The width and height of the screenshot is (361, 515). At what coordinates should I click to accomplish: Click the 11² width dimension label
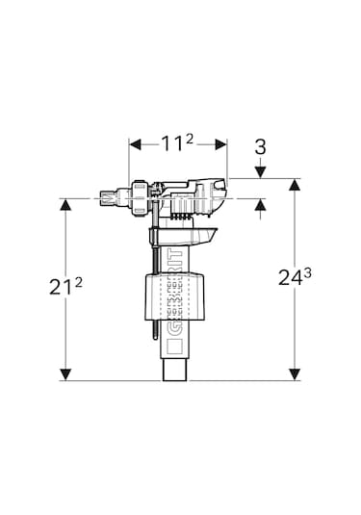[177, 143]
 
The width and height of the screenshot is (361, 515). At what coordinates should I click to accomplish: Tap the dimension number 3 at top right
[260, 147]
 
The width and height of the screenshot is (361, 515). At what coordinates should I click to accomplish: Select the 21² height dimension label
[65, 286]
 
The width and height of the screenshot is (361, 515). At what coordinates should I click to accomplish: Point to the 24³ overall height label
[295, 277]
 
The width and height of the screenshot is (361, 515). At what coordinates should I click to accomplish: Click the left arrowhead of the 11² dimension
[135, 143]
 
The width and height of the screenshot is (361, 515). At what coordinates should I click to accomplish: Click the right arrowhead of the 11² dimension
[221, 143]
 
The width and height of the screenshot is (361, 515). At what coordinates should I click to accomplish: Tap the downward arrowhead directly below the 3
[261, 172]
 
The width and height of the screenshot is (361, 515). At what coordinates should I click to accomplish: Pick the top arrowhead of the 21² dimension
[65, 205]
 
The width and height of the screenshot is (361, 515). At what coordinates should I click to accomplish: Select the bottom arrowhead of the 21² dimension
[65, 374]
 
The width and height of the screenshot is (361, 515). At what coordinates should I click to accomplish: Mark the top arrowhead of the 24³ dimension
[295, 185]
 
